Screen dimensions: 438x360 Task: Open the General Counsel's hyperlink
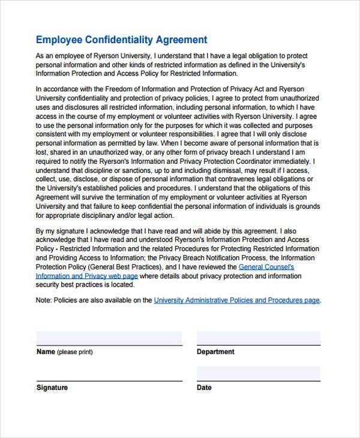266,266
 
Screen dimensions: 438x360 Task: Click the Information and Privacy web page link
87,276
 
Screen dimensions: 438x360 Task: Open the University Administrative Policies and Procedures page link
237,300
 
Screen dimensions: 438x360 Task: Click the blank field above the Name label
109,338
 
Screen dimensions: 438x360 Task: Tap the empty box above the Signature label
109,373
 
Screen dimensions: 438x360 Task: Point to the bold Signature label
52,388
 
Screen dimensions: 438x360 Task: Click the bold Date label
204,388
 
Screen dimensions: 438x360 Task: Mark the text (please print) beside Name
75,352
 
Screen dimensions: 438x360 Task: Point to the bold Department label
215,352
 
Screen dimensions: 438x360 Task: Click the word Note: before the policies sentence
45,300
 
